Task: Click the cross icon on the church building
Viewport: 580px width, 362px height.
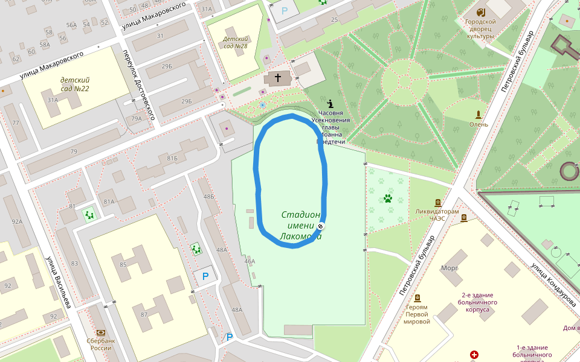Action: (278, 77)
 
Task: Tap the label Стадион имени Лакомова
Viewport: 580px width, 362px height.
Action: (300, 226)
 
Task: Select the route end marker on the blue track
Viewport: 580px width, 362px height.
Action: (320, 226)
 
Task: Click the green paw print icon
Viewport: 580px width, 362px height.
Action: (387, 198)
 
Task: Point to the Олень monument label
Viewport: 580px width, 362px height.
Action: (479, 124)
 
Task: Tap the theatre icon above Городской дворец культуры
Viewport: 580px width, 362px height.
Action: (481, 12)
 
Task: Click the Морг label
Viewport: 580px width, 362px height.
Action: (449, 268)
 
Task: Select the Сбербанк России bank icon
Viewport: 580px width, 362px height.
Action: (101, 332)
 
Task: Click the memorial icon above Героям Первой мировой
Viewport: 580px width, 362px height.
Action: (417, 298)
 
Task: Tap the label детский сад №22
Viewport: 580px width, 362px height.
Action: (75, 84)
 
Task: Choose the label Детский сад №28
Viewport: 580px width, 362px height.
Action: (236, 42)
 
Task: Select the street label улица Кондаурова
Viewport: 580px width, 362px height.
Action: (553, 284)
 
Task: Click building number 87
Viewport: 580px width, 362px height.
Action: (144, 315)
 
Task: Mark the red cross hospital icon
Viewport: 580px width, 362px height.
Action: (474, 354)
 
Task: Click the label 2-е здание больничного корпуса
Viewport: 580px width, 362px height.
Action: (479, 302)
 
